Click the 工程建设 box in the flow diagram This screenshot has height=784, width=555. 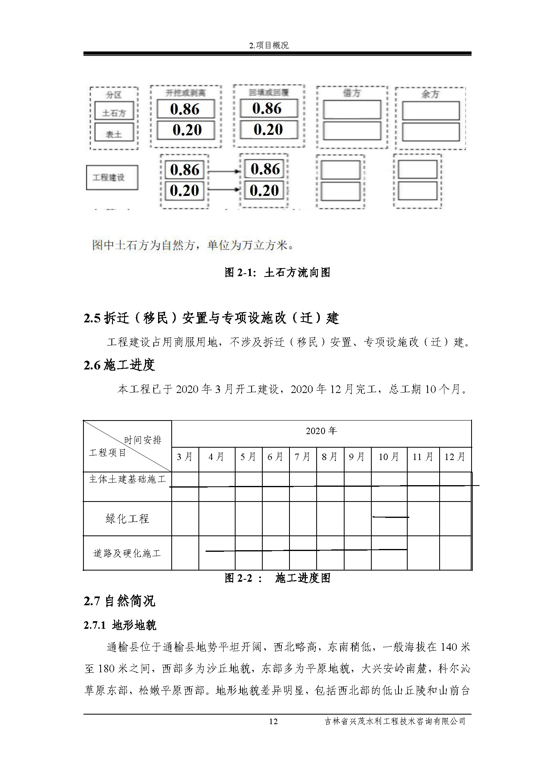(112, 178)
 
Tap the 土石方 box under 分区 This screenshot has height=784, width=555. (114, 113)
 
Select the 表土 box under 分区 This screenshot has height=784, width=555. (114, 134)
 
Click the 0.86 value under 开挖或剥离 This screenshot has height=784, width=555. (185, 109)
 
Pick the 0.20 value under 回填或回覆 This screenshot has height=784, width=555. (268, 130)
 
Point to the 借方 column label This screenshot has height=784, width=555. (352, 94)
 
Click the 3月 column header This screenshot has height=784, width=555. (185, 457)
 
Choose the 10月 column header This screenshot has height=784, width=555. (389, 457)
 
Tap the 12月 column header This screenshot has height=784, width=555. (455, 457)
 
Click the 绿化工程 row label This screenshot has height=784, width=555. (127, 519)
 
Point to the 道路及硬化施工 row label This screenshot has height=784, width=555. (127, 553)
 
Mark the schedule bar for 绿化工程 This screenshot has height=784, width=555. (390, 517)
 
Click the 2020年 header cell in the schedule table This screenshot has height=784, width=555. (321, 431)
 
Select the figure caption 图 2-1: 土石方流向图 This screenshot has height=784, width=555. (277, 273)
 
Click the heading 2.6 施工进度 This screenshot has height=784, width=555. (119, 365)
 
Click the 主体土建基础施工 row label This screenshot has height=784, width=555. (127, 479)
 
